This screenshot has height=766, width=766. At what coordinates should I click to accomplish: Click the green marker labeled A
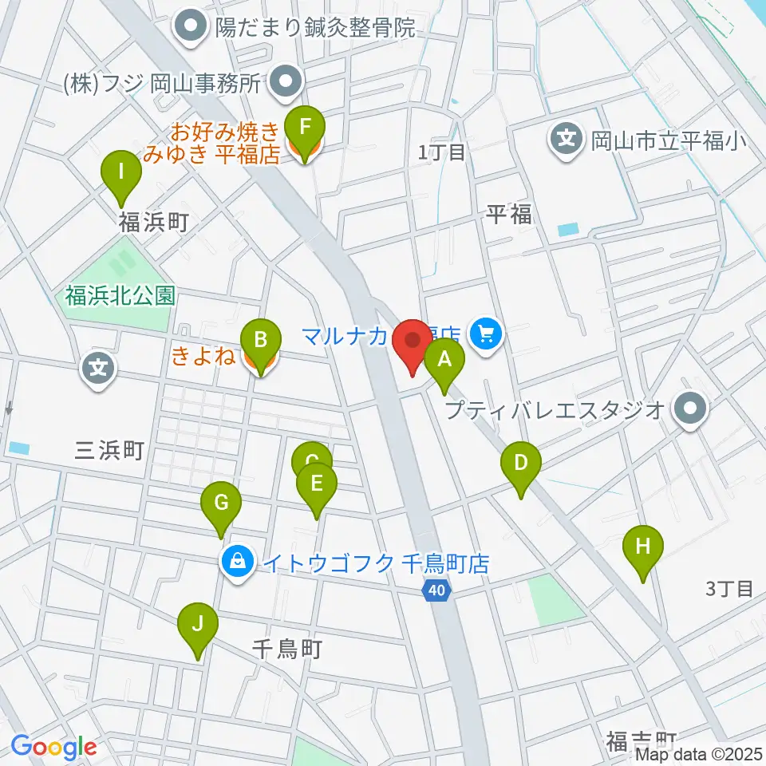(445, 360)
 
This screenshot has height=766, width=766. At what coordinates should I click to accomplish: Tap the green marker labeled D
(520, 464)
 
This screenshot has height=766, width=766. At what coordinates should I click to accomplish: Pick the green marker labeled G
(221, 503)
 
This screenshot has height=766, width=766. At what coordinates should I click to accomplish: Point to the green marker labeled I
(122, 172)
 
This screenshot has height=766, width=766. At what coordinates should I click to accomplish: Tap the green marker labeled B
(260, 341)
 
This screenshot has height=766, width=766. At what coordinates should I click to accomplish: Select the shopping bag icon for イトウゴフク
(238, 563)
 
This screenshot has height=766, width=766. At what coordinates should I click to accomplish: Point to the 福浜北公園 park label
(120, 296)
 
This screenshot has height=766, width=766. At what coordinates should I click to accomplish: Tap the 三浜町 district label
(109, 452)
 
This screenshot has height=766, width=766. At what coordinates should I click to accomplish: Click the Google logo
(53, 747)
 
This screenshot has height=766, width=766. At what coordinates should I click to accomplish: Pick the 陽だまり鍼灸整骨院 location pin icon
(192, 30)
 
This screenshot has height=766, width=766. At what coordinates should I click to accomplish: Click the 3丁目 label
(730, 590)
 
